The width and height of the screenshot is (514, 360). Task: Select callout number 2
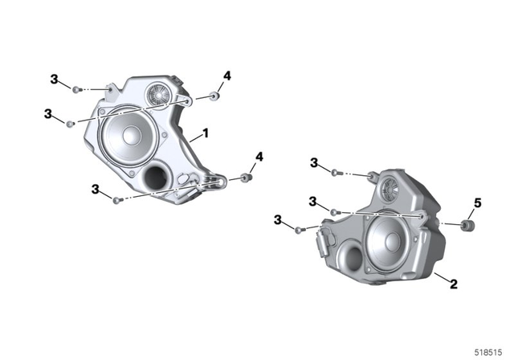point(453,284)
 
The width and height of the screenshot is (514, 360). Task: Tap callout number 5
point(476,204)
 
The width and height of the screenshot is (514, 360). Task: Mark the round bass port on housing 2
point(351,258)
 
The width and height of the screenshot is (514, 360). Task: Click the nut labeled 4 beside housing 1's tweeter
point(214,96)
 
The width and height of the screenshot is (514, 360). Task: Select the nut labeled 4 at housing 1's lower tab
point(247,176)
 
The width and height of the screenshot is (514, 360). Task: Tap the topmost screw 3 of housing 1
point(75,89)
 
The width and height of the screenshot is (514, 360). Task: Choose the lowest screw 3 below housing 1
point(116,199)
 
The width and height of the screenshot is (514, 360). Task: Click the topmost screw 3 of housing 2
point(335,172)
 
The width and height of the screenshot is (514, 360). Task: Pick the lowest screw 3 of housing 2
point(299,230)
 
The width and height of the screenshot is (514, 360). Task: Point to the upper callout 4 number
point(227,76)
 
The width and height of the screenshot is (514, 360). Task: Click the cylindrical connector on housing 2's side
point(326,239)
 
